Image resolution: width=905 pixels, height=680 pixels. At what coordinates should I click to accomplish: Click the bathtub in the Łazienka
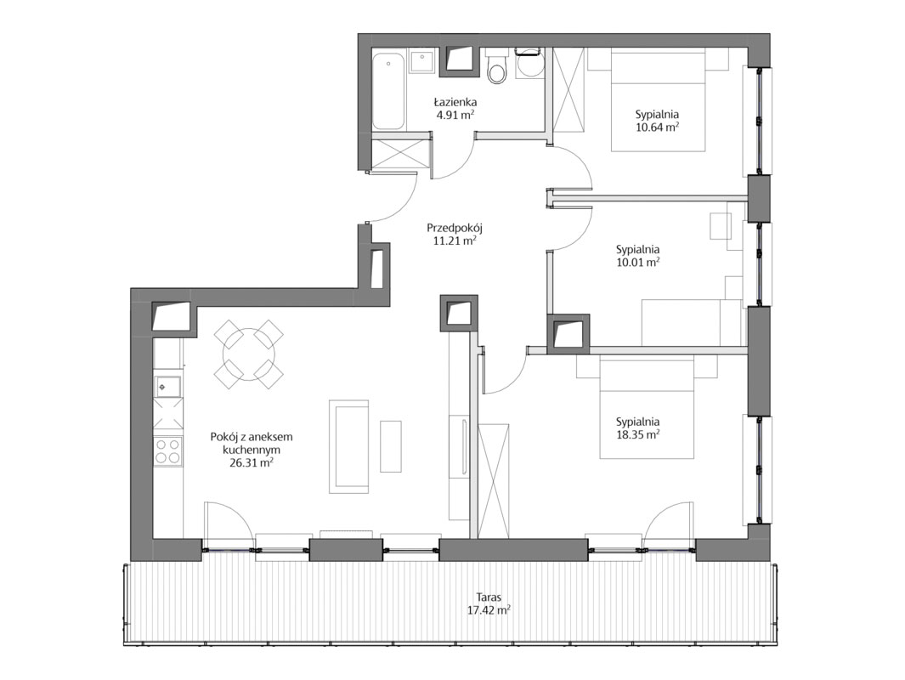point(388,91)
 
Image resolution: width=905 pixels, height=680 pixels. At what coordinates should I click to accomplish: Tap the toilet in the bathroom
point(496,66)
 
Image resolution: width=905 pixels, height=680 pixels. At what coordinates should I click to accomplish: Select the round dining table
point(249,354)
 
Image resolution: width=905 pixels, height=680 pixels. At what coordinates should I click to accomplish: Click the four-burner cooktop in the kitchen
point(167,450)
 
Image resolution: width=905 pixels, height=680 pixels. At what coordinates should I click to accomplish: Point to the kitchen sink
point(167,386)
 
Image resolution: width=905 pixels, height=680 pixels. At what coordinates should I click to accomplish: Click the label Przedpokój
point(455,227)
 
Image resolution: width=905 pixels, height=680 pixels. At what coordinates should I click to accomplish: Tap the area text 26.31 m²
point(251,462)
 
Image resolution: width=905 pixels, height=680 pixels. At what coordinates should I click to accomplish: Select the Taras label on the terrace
point(489,598)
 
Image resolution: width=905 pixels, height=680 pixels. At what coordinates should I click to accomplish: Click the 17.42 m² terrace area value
point(489,609)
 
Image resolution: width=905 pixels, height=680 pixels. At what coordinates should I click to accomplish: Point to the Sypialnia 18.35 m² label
point(638,428)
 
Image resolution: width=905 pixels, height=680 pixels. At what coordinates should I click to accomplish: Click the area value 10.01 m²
point(638,262)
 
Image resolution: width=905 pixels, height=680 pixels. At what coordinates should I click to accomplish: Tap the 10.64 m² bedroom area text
point(658,127)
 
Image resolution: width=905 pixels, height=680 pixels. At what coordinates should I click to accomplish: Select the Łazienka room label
point(456,102)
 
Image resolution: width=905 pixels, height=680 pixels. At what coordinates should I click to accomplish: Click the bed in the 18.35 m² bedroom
point(647,407)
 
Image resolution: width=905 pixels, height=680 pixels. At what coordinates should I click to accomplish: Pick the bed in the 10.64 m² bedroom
point(658,100)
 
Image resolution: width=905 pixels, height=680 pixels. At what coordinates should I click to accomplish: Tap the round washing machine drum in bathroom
point(528,66)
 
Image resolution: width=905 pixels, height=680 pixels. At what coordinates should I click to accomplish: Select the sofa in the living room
point(348,447)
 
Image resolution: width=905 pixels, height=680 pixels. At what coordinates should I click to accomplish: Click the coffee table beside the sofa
point(391,446)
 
